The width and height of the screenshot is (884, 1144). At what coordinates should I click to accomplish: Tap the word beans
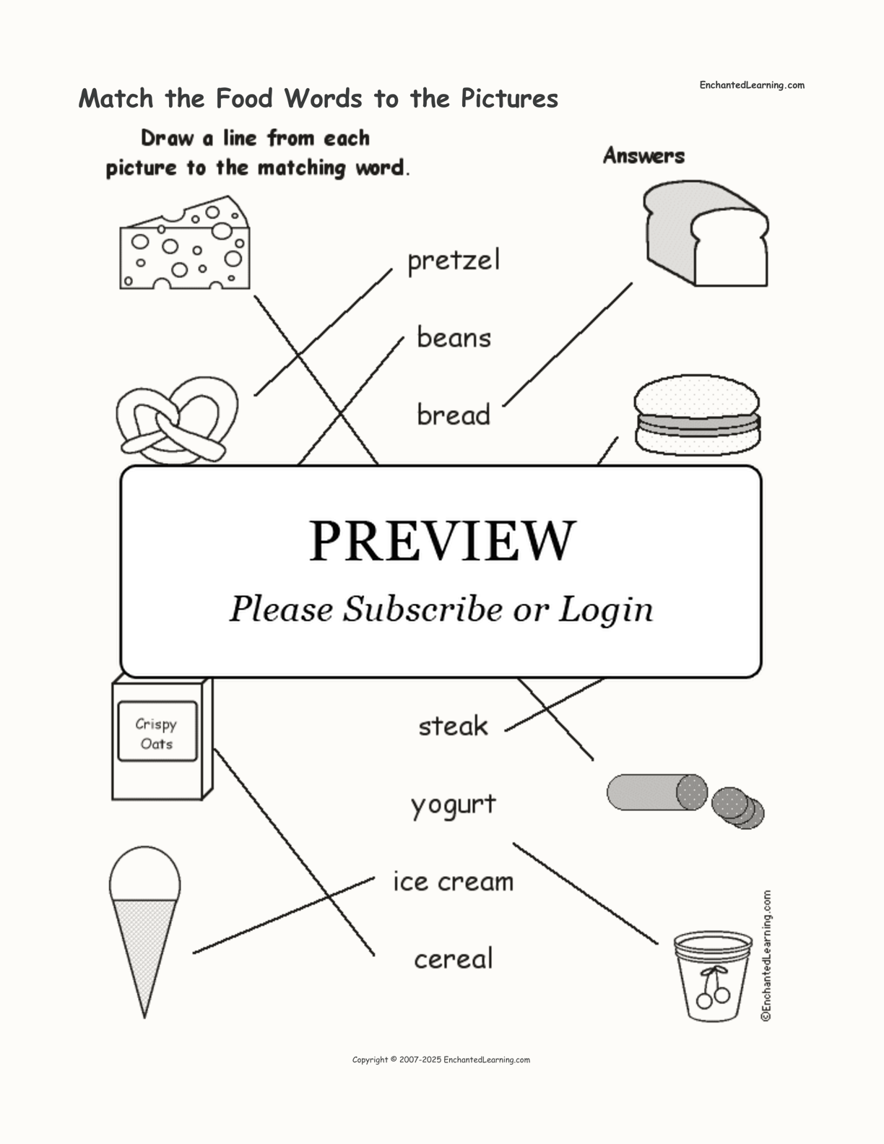454,337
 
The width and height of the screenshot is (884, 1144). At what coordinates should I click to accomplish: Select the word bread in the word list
454,414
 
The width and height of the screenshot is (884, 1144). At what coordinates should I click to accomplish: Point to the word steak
454,725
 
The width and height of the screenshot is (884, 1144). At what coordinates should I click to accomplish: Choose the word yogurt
454,805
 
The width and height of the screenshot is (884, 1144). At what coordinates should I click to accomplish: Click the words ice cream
454,881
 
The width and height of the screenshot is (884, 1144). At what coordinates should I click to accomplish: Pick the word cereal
454,958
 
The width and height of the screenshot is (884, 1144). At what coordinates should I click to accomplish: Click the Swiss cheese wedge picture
185,243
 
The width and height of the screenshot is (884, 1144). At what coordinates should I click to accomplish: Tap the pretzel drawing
176,420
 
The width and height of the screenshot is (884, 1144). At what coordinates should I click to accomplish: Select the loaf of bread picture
706,233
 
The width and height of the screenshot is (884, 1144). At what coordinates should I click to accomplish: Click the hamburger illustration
697,415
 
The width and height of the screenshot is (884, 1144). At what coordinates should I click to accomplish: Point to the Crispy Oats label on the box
157,733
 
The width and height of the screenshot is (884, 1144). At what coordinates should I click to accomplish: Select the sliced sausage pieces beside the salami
738,808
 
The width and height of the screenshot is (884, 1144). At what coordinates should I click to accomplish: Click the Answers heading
644,155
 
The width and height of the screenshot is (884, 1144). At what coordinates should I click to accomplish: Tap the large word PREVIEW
442,541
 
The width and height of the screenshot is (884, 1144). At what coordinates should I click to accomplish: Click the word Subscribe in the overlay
422,610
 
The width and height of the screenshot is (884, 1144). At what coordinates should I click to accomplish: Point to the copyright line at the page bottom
441,1059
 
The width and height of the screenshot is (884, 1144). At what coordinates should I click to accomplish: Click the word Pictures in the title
509,98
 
